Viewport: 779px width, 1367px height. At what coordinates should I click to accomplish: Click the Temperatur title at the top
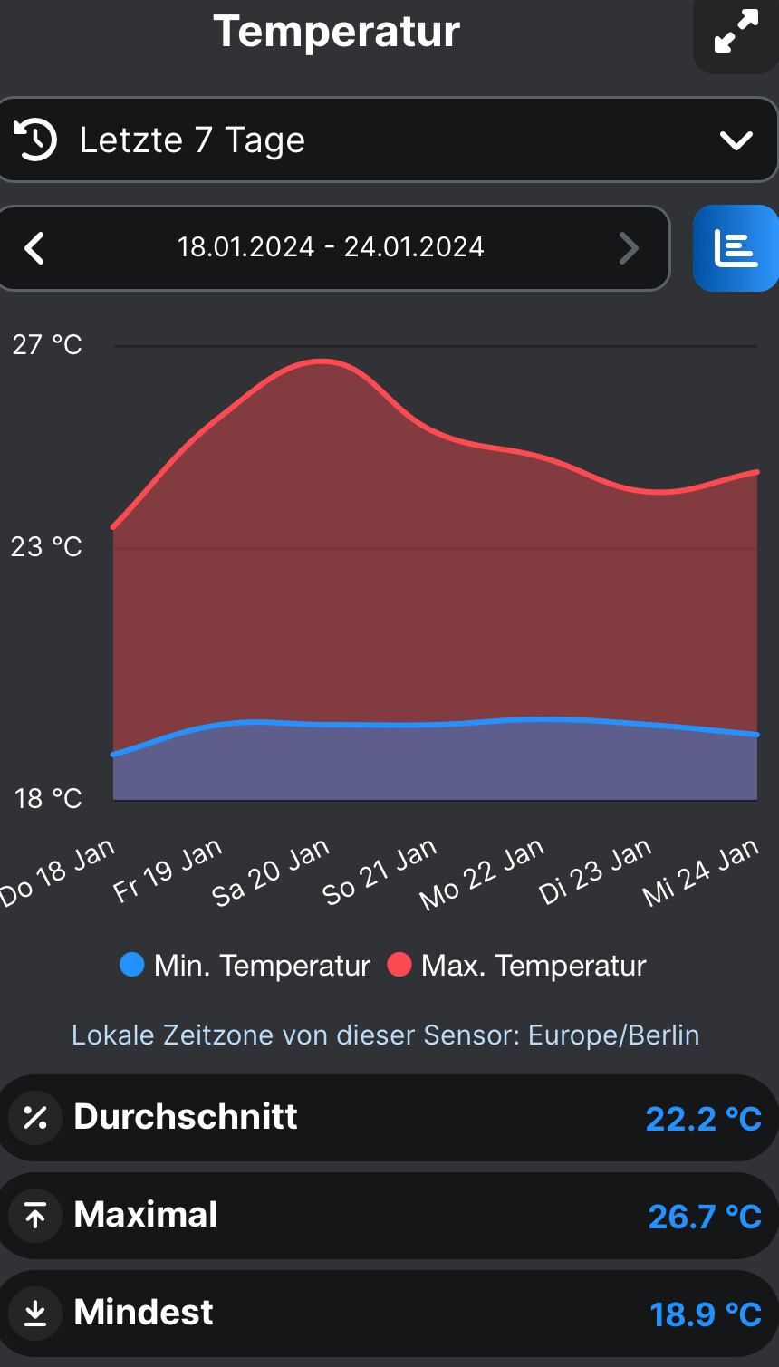pyautogui.click(x=337, y=32)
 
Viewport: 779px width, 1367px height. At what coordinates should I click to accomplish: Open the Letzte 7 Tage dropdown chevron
pyautogui.click(x=736, y=140)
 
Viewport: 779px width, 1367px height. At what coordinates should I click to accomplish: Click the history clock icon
pyautogui.click(x=35, y=140)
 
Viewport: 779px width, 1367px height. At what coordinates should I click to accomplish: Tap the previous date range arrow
pyautogui.click(x=34, y=247)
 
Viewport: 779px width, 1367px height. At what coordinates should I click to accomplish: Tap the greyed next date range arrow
pyautogui.click(x=629, y=247)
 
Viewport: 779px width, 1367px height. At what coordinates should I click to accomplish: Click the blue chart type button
pyautogui.click(x=736, y=248)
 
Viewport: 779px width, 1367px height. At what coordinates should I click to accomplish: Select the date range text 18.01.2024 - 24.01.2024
pyautogui.click(x=331, y=247)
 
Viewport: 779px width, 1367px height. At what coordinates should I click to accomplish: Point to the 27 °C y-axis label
pyautogui.click(x=47, y=345)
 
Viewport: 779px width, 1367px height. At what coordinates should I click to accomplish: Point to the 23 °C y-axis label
pyautogui.click(x=47, y=547)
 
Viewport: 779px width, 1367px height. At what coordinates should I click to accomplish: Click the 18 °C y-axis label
pyautogui.click(x=47, y=799)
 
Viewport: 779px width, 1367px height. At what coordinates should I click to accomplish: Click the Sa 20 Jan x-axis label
pyautogui.click(x=271, y=874)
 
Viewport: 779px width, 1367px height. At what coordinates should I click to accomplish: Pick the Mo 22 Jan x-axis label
pyautogui.click(x=483, y=874)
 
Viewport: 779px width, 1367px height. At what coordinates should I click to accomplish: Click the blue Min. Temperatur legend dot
pyautogui.click(x=132, y=965)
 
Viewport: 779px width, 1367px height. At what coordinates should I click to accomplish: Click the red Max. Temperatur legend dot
pyautogui.click(x=399, y=965)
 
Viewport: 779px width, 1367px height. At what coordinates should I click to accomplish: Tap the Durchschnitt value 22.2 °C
pyautogui.click(x=703, y=1119)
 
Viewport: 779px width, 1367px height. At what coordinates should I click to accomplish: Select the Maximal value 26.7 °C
pyautogui.click(x=705, y=1217)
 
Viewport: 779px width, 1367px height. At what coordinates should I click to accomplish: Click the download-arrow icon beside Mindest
pyautogui.click(x=35, y=1313)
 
